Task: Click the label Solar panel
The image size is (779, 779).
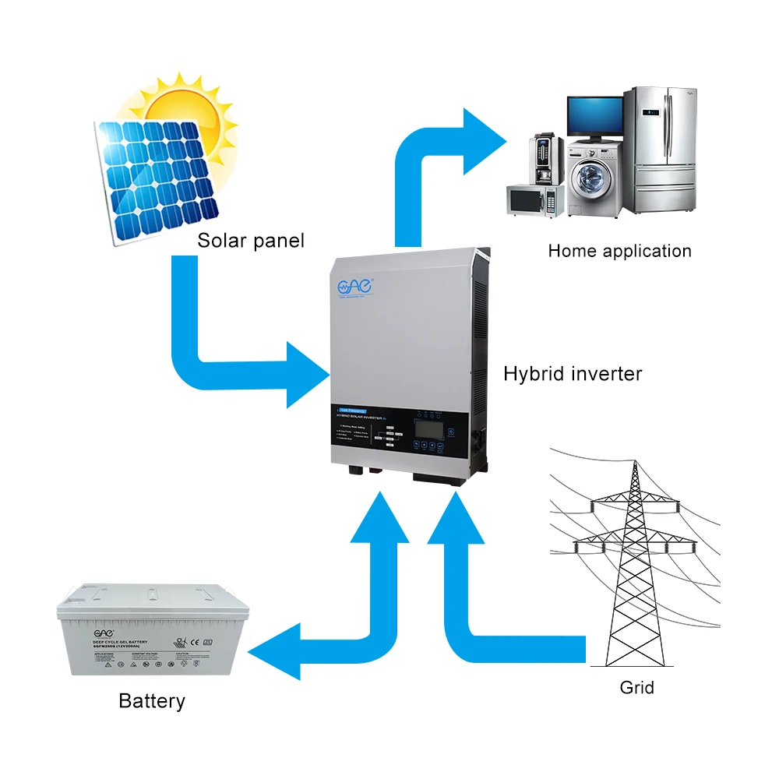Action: (x=250, y=240)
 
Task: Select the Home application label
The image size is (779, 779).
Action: (x=619, y=251)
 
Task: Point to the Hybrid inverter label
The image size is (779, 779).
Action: (x=573, y=374)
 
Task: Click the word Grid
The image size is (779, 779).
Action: (x=636, y=688)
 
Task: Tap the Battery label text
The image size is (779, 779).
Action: (x=152, y=701)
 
